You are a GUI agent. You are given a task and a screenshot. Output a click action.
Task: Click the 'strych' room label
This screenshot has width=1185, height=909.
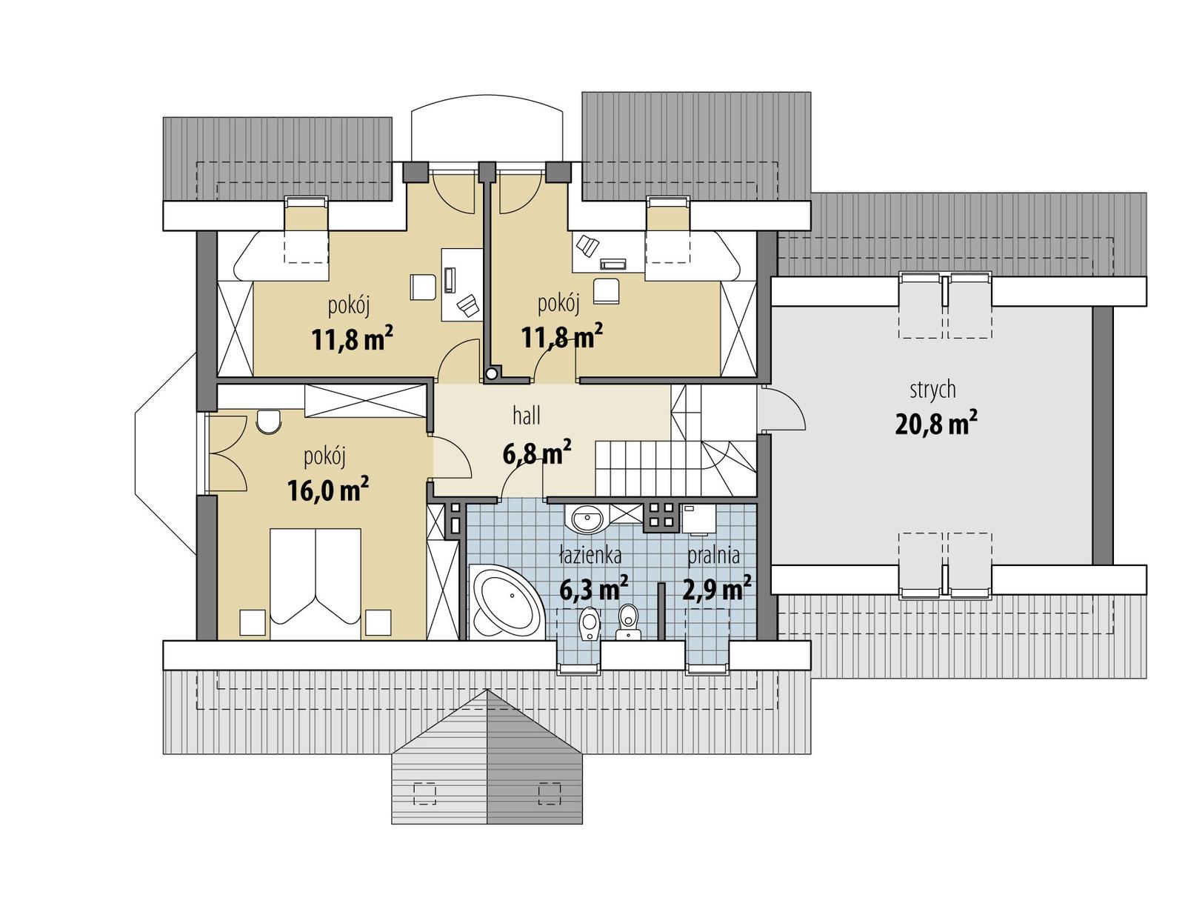[932, 389]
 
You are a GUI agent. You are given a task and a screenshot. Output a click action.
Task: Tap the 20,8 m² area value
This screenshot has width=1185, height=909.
[935, 424]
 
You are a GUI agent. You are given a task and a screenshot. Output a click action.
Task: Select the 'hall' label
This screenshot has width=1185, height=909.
[526, 416]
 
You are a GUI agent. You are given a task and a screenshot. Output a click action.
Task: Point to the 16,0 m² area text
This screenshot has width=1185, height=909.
[327, 490]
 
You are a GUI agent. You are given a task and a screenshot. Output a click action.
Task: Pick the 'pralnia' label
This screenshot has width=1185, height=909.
[713, 555]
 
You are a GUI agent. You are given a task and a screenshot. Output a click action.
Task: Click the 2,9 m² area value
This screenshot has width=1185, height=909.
[716, 590]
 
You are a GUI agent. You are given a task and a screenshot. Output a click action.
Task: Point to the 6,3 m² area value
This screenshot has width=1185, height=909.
[593, 590]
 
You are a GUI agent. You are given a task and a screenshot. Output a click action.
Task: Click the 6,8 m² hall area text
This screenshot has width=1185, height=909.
[536, 453]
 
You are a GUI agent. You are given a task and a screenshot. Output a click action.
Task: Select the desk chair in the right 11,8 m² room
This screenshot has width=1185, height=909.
[606, 290]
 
